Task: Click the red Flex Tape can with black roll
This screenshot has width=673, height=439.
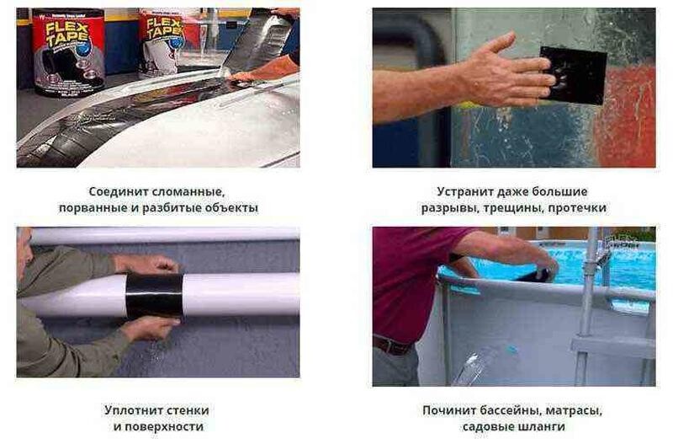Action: [x=69, y=52]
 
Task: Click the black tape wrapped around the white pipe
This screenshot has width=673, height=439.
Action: [x=155, y=296]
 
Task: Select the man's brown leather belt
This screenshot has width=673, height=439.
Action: [x=392, y=345]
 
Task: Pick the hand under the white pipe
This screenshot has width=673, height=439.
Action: [x=150, y=328]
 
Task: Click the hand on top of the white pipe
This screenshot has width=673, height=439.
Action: [x=148, y=264]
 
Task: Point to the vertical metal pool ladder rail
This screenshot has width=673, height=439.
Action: [x=586, y=301]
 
